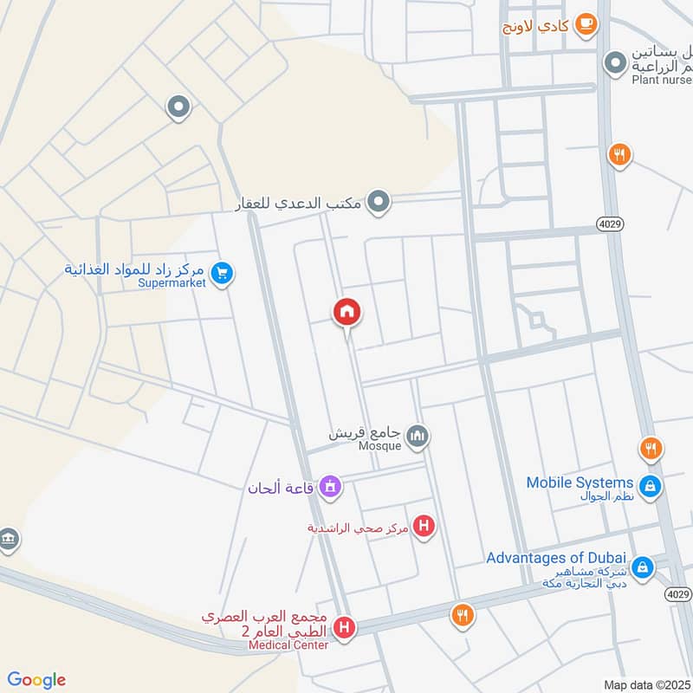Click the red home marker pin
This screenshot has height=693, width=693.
(347, 312)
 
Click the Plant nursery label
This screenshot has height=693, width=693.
(661, 80)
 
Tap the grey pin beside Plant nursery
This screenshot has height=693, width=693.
(615, 63)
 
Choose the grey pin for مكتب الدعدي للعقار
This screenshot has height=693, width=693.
(379, 203)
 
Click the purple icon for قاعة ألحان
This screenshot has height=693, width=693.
(329, 488)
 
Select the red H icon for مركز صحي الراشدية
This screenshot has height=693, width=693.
(424, 525)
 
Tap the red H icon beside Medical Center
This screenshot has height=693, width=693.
(345, 627)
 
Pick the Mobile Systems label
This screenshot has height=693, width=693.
(580, 483)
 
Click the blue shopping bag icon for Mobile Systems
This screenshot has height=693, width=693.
(651, 487)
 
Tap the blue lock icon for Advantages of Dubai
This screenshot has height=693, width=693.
(642, 567)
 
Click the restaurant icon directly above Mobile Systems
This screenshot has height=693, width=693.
(651, 449)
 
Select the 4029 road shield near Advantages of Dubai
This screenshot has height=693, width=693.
(678, 593)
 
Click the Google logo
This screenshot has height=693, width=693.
(36, 680)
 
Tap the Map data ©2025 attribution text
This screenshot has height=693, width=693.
(645, 685)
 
